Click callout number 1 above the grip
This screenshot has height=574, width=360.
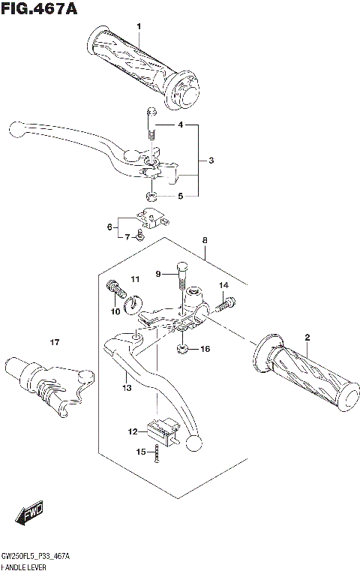(x=138, y=27)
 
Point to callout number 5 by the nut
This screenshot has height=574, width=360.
(x=179, y=196)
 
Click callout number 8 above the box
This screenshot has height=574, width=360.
(x=203, y=240)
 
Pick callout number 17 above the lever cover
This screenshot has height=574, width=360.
(x=54, y=343)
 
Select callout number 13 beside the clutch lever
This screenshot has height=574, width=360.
(x=127, y=387)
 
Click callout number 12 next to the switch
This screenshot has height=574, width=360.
(x=133, y=431)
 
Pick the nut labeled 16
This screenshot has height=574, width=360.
(x=183, y=348)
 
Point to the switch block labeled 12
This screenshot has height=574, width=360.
(x=158, y=428)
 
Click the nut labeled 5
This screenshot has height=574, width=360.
(x=151, y=196)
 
